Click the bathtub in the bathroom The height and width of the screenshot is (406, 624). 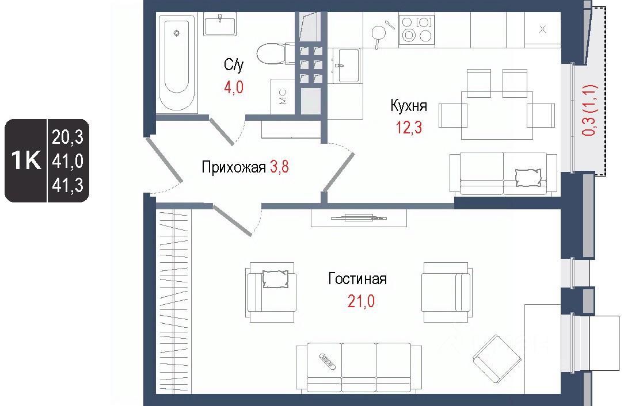176,63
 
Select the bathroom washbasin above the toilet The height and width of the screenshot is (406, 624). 220,24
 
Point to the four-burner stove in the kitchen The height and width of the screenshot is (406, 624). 417,29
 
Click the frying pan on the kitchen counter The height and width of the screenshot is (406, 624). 381,31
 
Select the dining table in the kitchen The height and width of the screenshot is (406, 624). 497,116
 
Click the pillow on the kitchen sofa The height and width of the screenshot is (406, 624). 528,177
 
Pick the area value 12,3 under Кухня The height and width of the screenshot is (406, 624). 409,127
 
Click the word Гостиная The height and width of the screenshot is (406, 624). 357,279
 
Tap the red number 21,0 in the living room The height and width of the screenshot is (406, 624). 361,301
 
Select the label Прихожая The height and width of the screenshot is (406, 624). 234,167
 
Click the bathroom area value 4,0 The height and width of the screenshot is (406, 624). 234,87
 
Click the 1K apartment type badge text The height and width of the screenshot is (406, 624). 26,160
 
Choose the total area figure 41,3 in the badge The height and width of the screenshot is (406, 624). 68,185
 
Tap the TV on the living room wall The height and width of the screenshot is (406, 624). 359,217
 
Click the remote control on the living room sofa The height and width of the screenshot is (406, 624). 328,360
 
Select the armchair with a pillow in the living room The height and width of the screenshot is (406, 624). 271,292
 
